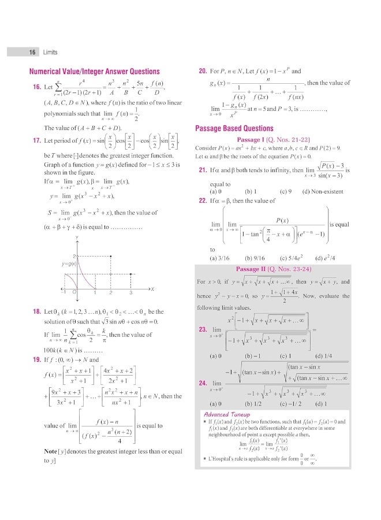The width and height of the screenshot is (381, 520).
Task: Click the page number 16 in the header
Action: [33, 52]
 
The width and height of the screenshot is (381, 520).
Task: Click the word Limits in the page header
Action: [50, 52]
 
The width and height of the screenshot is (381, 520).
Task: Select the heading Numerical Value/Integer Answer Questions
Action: [94, 72]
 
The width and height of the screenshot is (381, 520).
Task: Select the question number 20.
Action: [203, 72]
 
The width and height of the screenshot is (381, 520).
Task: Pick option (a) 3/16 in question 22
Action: [219, 258]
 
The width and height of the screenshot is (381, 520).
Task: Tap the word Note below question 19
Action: [50, 451]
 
